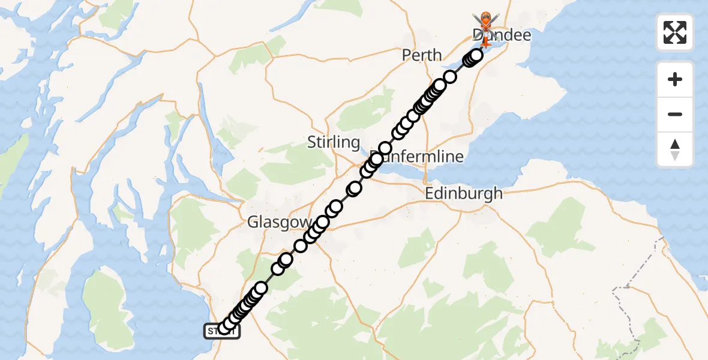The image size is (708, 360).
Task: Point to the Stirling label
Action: (x=334, y=142)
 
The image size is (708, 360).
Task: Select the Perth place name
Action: (x=422, y=55)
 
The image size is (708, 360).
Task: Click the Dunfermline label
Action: (x=420, y=157)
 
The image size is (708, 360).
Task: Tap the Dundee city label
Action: (x=502, y=35)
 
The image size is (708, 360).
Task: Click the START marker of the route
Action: (x=222, y=332)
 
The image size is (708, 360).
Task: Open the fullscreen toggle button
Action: (x=675, y=32)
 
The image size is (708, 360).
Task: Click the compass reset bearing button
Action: (x=675, y=149)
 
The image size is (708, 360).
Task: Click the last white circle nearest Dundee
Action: (x=476, y=56)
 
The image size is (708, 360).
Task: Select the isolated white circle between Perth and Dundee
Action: (x=450, y=77)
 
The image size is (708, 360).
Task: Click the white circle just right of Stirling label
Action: (x=385, y=148)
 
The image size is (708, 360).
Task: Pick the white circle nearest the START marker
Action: (x=225, y=328)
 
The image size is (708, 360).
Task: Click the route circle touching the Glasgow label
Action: (x=323, y=223)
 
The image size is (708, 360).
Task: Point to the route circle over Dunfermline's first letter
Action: (x=376, y=159)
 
